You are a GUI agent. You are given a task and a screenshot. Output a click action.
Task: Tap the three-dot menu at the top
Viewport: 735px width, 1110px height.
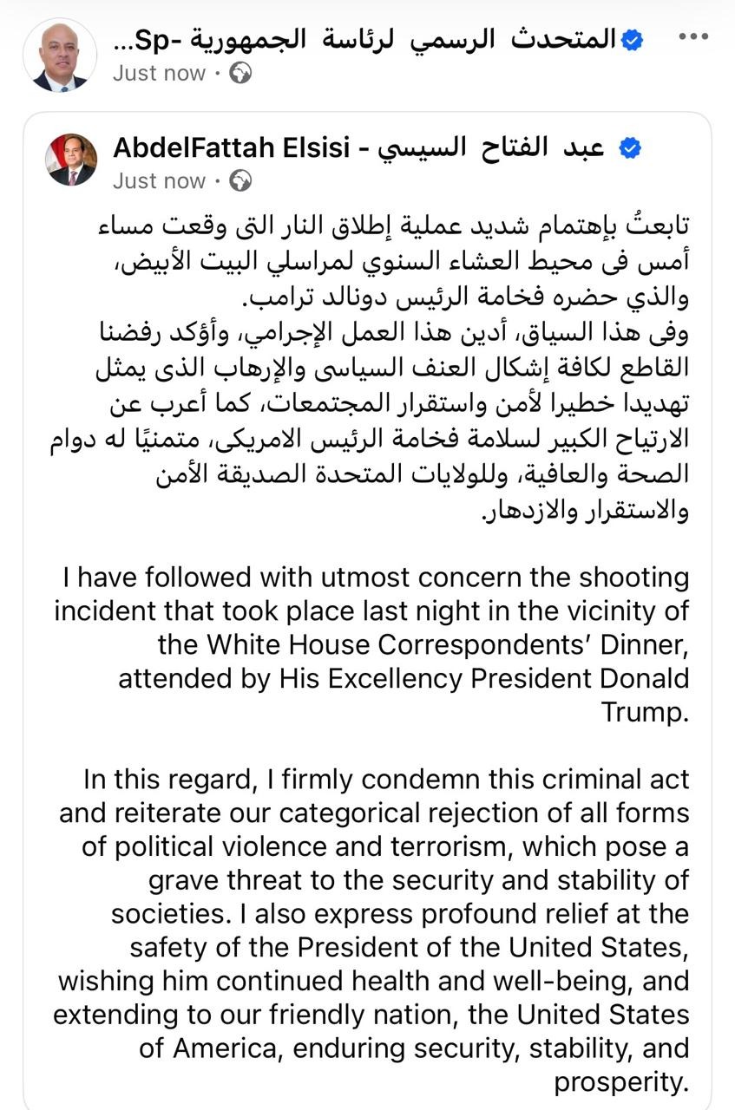tap(692, 36)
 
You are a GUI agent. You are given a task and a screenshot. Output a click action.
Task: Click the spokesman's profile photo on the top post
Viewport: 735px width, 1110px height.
tap(60, 55)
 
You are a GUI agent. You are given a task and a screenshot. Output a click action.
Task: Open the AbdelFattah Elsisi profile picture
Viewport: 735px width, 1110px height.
tap(72, 160)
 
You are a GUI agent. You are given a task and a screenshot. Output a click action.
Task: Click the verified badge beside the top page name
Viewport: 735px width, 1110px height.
tap(631, 39)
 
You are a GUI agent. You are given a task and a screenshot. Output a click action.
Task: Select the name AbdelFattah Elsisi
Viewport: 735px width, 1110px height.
tap(235, 148)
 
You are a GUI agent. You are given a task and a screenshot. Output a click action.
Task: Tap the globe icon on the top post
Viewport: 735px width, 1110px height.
tap(240, 74)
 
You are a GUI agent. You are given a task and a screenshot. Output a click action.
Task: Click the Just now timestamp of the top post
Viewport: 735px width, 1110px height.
tap(160, 74)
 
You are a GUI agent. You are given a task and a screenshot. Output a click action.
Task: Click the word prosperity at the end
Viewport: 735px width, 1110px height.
tap(620, 1082)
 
